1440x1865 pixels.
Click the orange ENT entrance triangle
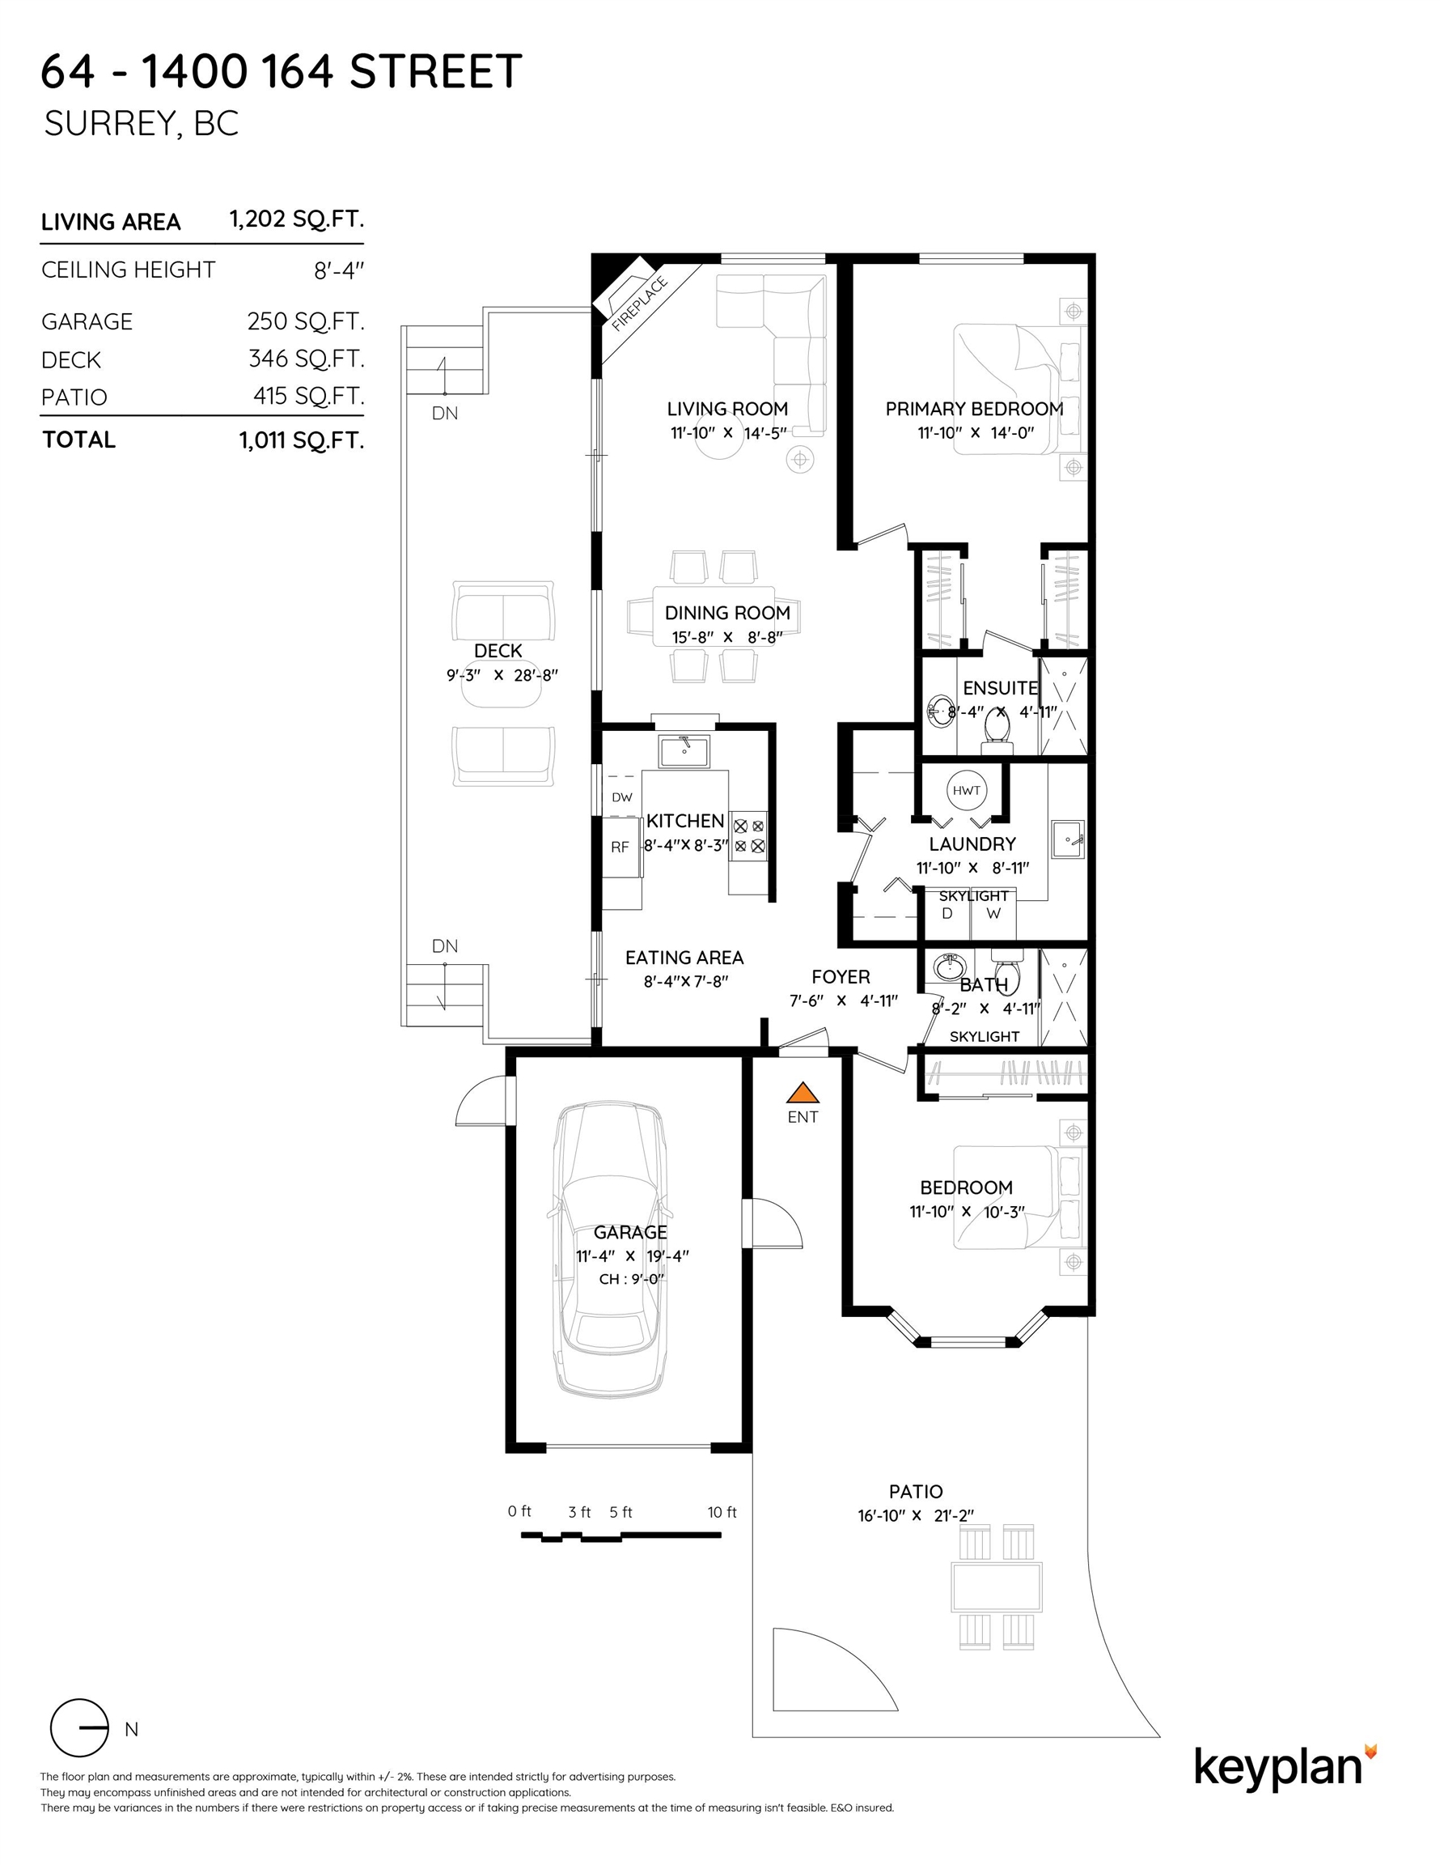pos(802,1093)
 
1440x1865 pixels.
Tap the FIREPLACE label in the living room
pos(638,304)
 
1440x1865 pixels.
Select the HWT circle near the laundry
pos(966,790)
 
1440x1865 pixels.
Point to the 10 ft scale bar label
pos(722,1511)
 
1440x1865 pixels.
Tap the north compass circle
pos(79,1727)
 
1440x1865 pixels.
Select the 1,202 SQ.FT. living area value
pos(296,219)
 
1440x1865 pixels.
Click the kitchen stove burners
pos(748,836)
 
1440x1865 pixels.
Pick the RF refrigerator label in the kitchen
pos(620,848)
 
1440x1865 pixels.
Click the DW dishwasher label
pos(621,797)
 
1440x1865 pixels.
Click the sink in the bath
pos(947,967)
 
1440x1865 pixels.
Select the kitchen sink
pos(683,751)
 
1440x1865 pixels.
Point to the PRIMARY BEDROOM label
pos(974,408)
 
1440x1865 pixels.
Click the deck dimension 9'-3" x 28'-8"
pos(501,674)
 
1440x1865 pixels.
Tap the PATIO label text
pos(915,1491)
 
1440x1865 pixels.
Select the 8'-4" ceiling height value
pos(338,271)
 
